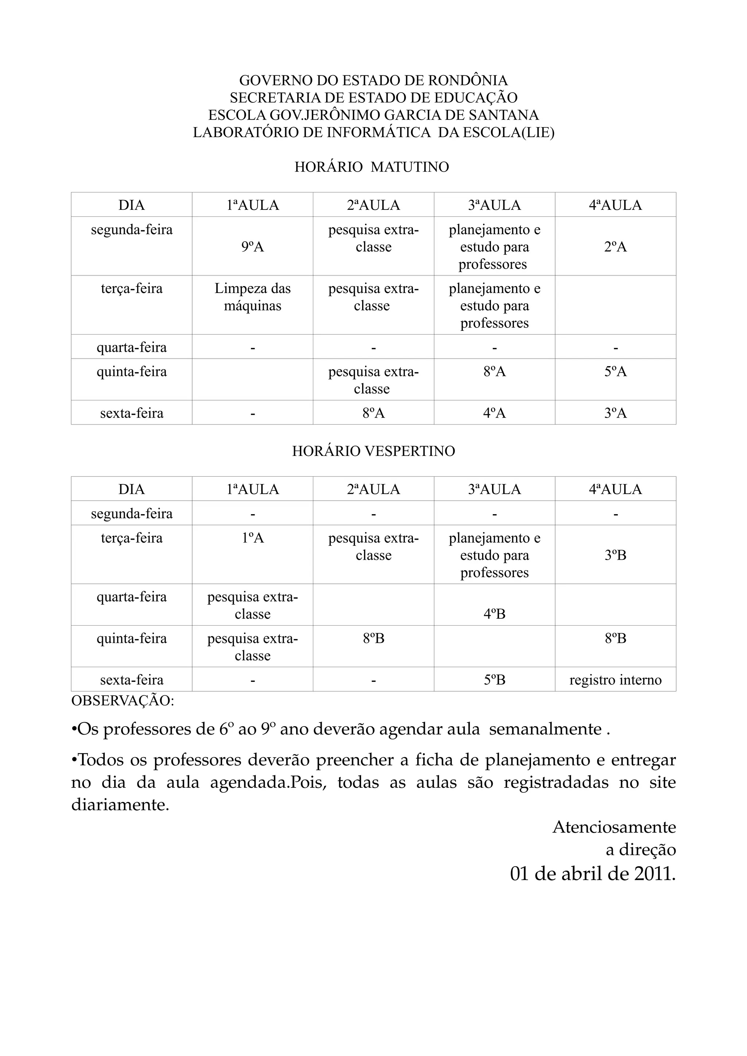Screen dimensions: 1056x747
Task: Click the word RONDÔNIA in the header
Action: coord(468,81)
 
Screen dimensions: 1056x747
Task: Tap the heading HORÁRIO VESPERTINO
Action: coord(373,451)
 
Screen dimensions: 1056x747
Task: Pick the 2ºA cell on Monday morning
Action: coord(615,247)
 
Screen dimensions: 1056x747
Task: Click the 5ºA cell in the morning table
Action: coord(615,372)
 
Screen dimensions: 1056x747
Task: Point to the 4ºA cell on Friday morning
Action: coord(494,413)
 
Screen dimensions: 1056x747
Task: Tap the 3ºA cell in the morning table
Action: coord(615,413)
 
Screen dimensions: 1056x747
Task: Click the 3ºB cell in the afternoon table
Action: coord(615,555)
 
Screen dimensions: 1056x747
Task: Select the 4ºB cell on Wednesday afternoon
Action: coord(494,614)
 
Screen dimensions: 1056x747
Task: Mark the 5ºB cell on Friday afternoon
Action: coord(494,680)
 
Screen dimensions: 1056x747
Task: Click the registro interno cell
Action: coord(615,680)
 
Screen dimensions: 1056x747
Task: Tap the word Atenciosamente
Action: coord(614,827)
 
